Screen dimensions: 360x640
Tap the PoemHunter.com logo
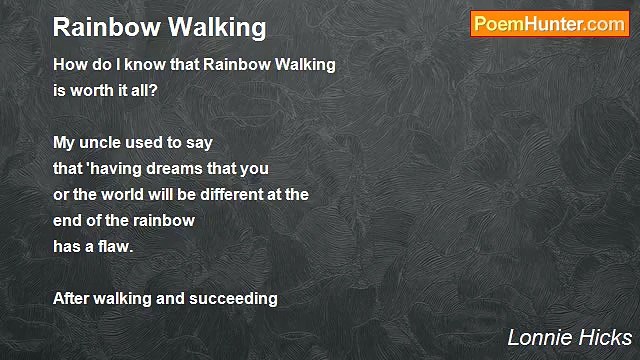click(x=549, y=24)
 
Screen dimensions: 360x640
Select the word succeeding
click(x=234, y=299)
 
